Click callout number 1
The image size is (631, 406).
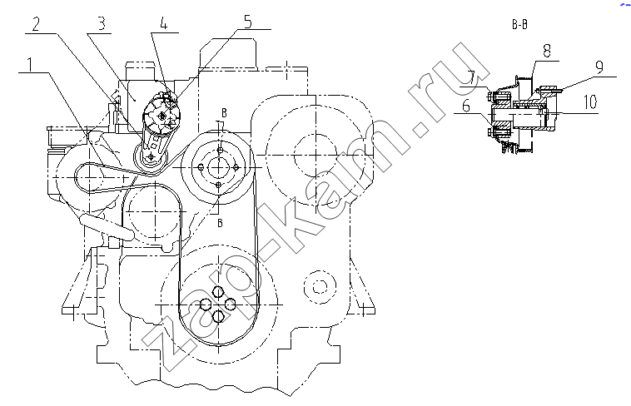29,65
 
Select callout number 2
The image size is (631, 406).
36,25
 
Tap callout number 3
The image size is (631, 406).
102,24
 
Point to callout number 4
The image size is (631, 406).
164,24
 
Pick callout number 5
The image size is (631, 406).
248,22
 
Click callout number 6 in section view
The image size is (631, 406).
466,106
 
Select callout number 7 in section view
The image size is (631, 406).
471,78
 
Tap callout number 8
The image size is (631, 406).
546,51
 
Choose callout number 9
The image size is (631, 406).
599,67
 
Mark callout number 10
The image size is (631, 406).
590,102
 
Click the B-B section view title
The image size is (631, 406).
519,25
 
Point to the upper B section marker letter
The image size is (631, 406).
224,112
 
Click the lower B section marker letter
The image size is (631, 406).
220,223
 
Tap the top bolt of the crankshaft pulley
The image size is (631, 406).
218,291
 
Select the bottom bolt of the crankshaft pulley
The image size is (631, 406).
218,316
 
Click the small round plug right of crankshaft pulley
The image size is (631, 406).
320,287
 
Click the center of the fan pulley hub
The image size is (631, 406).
219,167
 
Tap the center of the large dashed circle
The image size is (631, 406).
315,155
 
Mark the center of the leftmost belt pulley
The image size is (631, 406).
89,176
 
